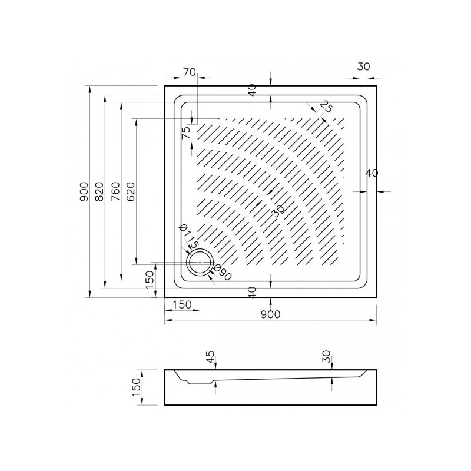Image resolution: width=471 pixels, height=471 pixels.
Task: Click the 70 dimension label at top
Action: (x=189, y=72)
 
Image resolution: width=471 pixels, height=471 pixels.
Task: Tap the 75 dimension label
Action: (x=186, y=132)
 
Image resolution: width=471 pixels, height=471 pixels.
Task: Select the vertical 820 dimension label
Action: (x=99, y=191)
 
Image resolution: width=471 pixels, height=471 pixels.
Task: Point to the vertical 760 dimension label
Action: (x=115, y=191)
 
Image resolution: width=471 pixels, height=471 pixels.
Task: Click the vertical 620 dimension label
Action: (x=131, y=191)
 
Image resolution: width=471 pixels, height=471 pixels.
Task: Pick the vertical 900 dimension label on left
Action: (x=84, y=191)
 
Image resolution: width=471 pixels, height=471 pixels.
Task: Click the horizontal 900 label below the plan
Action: (x=270, y=314)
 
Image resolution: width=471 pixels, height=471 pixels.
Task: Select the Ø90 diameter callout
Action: (x=223, y=273)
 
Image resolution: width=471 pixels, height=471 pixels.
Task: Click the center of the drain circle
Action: (x=200, y=262)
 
